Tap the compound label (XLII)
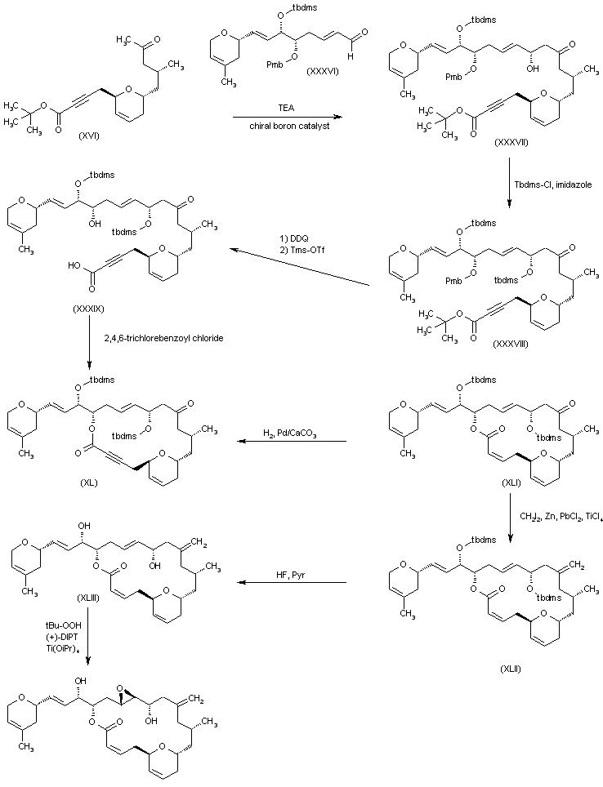pos(516,667)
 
